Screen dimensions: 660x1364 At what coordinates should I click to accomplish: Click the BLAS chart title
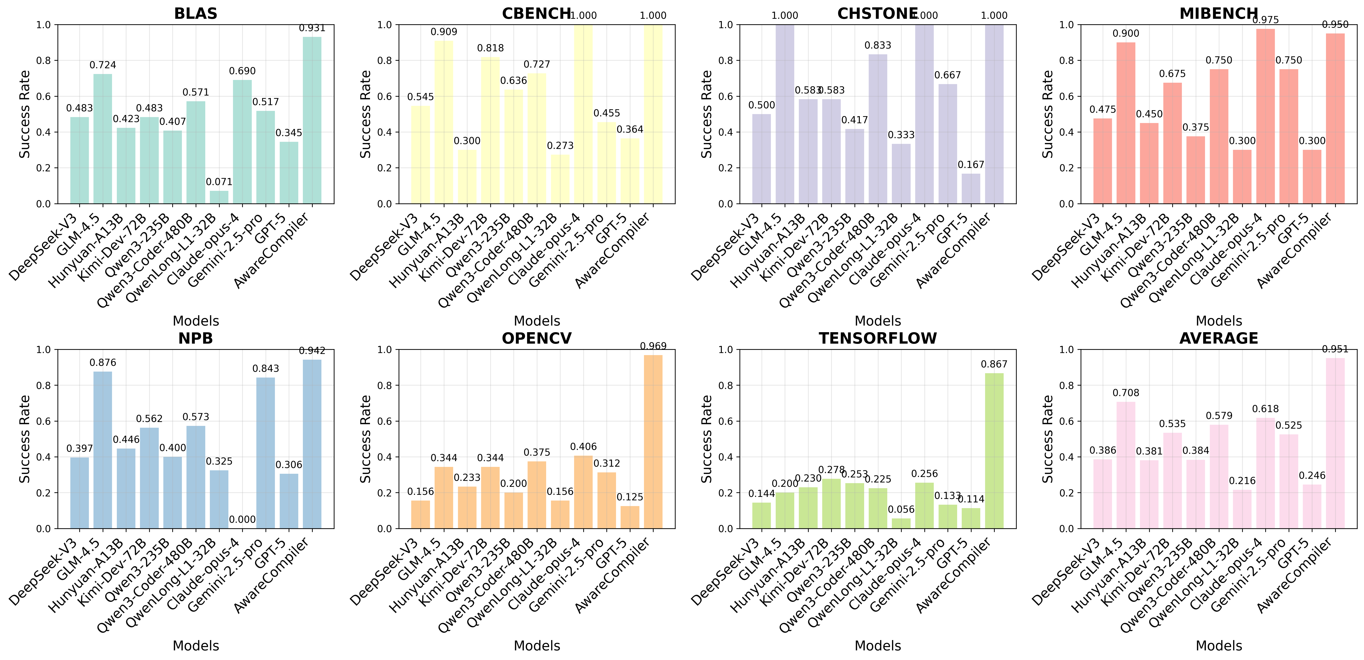(195, 13)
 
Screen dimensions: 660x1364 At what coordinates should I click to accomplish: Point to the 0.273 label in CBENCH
(560, 146)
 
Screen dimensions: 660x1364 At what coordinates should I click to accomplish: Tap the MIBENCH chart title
(1218, 13)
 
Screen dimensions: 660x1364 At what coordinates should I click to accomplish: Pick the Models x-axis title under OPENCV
(537, 646)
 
